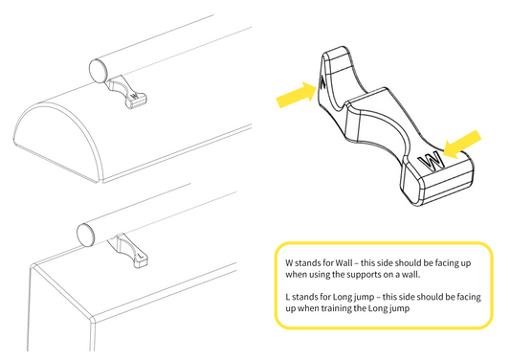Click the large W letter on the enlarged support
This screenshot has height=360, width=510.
432,161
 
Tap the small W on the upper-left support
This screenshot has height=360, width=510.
134,96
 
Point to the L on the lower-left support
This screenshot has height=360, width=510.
142,256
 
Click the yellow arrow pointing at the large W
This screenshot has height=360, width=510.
462,145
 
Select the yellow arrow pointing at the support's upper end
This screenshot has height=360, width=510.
297,95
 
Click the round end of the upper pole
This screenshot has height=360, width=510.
99,70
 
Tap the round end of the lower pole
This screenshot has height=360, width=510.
86,235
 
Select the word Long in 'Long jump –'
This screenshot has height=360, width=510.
343,297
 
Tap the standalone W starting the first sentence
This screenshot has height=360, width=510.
289,262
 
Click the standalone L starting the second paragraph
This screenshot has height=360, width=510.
287,297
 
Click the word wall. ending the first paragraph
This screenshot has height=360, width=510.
410,275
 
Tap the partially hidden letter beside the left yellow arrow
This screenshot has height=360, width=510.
322,82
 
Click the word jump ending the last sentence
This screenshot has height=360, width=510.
397,309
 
